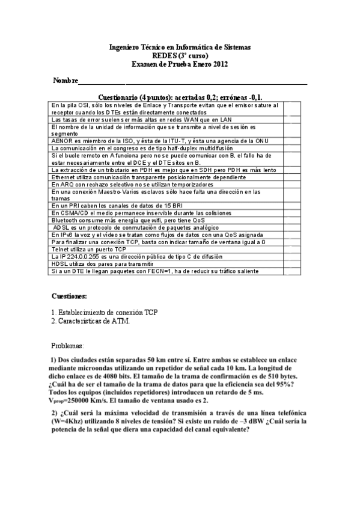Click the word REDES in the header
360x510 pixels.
pyautogui.click(x=167, y=55)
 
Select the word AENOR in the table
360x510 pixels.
pyautogui.click(x=62, y=141)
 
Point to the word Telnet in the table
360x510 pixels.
pyautogui.click(x=61, y=249)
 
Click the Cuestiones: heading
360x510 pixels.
pyautogui.click(x=69, y=296)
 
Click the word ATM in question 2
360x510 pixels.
pyautogui.click(x=121, y=321)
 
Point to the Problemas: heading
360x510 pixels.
pyautogui.click(x=68, y=346)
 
